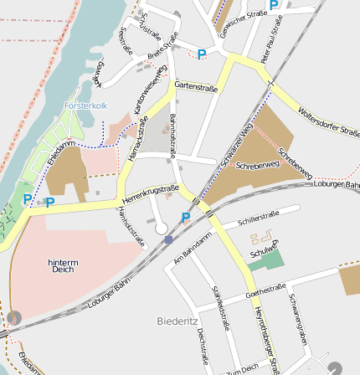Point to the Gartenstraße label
pyautogui.click(x=197, y=86)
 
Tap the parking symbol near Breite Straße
pyautogui.click(x=201, y=54)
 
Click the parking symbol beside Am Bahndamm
pyautogui.click(x=185, y=218)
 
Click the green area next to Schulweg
pyautogui.click(x=267, y=259)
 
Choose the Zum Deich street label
pyautogui.click(x=243, y=368)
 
